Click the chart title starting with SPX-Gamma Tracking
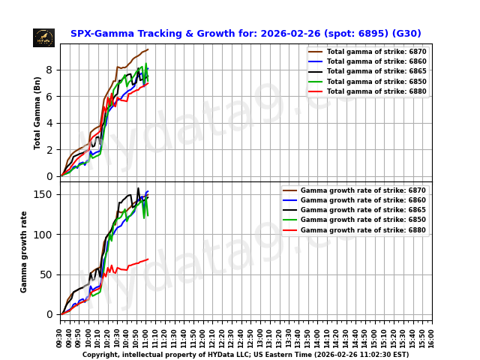click(x=245, y=34)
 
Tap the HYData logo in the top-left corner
click(x=43, y=37)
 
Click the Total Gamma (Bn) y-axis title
click(x=37, y=112)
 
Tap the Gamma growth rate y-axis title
click(x=24, y=251)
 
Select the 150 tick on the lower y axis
click(x=46, y=194)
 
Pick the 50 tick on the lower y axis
click(x=49, y=274)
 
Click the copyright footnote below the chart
click(x=245, y=355)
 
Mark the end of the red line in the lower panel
click(x=148, y=259)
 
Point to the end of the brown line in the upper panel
click(x=148, y=49)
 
